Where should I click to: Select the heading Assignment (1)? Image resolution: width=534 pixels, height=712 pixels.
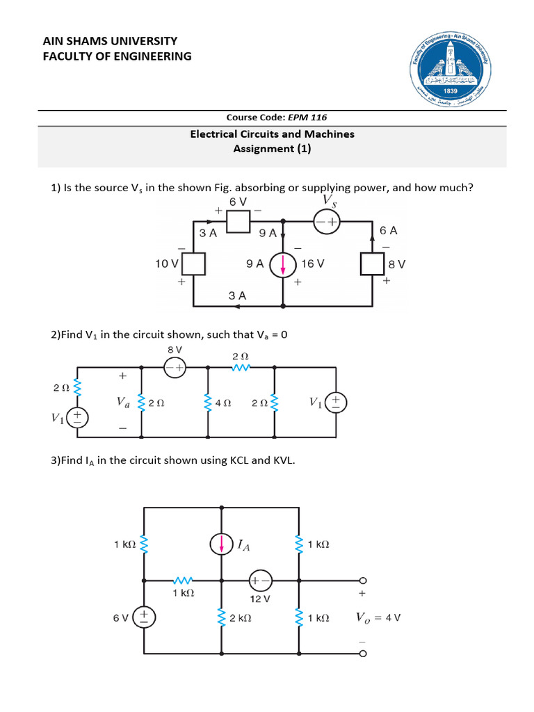272,148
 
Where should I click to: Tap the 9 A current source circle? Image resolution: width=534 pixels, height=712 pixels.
283,265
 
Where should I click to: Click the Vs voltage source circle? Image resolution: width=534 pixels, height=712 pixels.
327,222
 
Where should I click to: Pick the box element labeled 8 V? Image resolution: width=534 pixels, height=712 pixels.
373,264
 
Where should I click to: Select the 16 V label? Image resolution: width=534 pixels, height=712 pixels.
313,264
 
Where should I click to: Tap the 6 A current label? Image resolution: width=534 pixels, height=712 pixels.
388,230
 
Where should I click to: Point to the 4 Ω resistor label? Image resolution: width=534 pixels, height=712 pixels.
223,403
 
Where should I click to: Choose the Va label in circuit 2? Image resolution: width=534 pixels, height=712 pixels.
123,402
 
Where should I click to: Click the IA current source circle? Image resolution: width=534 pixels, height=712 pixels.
221,545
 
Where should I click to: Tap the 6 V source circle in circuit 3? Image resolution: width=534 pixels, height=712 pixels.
144,617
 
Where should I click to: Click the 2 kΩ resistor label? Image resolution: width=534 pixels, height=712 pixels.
239,617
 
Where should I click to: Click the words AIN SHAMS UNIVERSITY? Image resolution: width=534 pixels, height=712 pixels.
110,41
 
